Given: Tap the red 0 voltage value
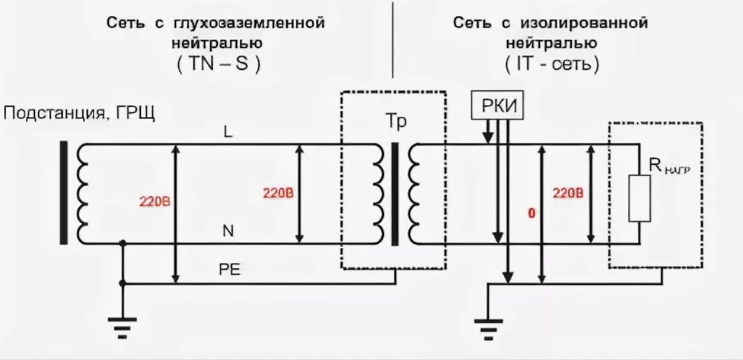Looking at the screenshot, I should [x=531, y=214].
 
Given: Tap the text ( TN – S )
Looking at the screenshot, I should [x=216, y=66].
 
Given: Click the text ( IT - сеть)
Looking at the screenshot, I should [x=550, y=66].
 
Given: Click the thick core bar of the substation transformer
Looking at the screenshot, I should [x=64, y=193].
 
